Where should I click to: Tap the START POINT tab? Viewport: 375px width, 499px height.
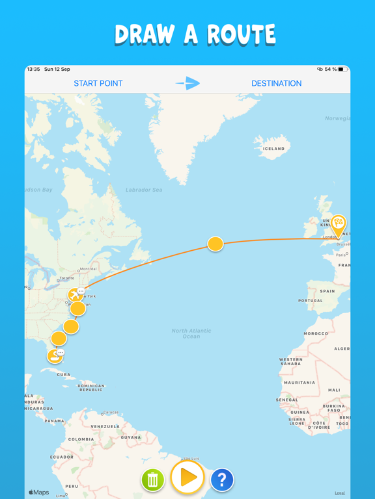point(98,83)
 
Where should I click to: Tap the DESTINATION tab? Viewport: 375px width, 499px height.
point(276,83)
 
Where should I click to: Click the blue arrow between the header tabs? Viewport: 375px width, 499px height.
point(187,83)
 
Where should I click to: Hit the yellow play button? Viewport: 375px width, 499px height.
point(187,478)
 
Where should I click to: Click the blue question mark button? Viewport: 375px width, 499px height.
point(222,480)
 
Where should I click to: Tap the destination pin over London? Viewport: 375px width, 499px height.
point(338,225)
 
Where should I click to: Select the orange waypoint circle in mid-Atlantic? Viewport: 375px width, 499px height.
point(215,244)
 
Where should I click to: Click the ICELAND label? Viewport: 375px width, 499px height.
point(273,149)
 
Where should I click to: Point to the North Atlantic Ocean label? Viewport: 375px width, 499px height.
point(191,333)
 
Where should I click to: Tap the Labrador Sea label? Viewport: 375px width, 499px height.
point(144,190)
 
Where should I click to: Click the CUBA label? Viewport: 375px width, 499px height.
point(64,375)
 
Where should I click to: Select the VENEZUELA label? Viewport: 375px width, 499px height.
point(105,426)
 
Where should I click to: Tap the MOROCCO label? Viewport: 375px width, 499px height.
point(316,333)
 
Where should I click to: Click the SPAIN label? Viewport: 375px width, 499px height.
point(327,291)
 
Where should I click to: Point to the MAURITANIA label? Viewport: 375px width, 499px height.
point(299,383)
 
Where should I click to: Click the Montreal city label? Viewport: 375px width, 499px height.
point(89,269)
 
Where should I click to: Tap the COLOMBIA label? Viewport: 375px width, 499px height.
point(81,439)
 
